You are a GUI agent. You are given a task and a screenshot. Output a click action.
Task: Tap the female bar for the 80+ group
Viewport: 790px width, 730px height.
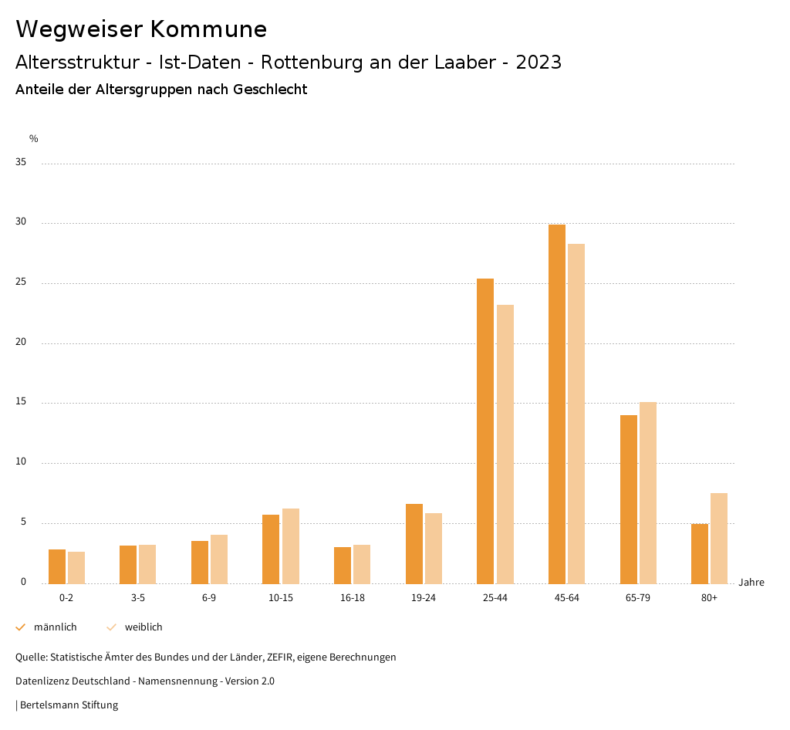719,538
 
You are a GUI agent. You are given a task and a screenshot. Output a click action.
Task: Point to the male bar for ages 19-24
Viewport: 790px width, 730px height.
414,543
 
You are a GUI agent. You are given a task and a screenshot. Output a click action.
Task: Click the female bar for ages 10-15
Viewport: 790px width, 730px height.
290,546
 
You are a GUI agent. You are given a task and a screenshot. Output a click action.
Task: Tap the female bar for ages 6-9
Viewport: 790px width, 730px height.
219,559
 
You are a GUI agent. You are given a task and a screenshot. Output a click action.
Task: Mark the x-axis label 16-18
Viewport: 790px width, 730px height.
353,598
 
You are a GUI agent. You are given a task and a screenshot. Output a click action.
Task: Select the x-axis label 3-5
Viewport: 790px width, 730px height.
138,598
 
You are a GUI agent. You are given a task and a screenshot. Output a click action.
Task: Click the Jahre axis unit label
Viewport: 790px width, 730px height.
751,583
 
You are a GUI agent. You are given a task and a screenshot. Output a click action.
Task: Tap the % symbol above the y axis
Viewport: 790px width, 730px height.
34,139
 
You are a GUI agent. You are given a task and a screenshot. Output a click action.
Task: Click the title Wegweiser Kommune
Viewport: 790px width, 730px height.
141,29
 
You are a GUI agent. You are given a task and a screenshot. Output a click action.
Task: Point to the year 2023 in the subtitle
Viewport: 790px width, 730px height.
538,63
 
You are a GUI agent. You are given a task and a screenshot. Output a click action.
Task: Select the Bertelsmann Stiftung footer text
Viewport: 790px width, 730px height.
69,705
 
